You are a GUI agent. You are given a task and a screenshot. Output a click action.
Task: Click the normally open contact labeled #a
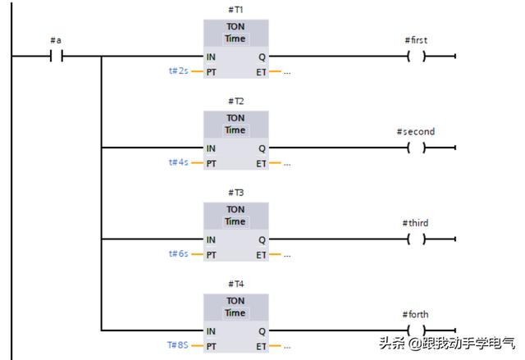(x=57, y=57)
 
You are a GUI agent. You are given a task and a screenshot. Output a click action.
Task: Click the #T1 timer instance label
(x=236, y=10)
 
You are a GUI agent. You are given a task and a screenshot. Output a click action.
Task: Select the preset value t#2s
(x=179, y=71)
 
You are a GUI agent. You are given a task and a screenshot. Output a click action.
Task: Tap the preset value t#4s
(x=179, y=162)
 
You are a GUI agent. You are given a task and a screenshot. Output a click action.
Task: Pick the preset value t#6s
(x=179, y=254)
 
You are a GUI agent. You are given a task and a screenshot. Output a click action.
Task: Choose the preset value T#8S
(x=177, y=345)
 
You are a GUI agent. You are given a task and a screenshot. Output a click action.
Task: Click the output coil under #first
(x=417, y=57)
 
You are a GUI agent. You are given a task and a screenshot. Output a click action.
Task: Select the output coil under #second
(x=417, y=148)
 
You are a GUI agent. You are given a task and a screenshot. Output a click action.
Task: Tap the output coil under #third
(x=417, y=239)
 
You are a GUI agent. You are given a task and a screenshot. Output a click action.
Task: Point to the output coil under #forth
(x=417, y=330)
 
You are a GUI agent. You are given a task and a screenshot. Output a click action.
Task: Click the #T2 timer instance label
(x=236, y=102)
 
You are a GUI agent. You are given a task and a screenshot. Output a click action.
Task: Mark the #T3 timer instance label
(x=236, y=193)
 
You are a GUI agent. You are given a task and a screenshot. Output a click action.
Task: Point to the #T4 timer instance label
(x=236, y=285)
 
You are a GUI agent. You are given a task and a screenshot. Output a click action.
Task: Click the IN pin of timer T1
(x=211, y=57)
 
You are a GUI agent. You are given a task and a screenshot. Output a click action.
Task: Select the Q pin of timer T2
(x=262, y=148)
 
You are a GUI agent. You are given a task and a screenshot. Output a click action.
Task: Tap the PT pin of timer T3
(x=212, y=254)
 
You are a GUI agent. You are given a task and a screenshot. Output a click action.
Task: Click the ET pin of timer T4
(x=261, y=345)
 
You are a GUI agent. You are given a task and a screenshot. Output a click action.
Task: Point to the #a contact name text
(x=56, y=40)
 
